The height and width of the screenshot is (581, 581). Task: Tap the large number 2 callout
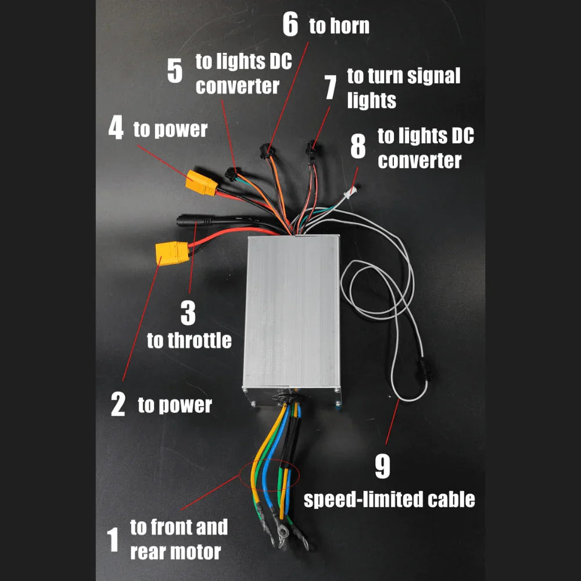click(x=117, y=404)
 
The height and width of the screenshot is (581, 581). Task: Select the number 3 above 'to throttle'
click(x=188, y=313)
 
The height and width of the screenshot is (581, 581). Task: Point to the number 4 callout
click(x=116, y=128)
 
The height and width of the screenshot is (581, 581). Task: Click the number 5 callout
click(x=174, y=70)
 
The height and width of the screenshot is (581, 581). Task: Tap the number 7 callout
click(x=330, y=88)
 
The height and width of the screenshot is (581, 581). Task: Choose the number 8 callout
click(x=358, y=147)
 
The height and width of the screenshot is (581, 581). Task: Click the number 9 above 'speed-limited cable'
click(x=382, y=467)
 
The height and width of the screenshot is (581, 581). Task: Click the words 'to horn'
click(x=339, y=26)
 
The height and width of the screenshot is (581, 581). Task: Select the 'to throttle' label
click(x=189, y=340)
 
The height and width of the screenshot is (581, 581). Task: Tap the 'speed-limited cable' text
click(x=390, y=499)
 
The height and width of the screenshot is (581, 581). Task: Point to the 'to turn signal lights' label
click(x=403, y=88)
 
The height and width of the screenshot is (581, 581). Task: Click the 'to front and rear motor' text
click(x=178, y=540)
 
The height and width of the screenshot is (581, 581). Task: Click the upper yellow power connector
click(x=201, y=184)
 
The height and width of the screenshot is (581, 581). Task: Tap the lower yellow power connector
click(x=171, y=253)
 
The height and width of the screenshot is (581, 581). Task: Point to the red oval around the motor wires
click(x=268, y=474)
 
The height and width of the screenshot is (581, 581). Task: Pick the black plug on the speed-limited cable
click(x=425, y=371)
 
